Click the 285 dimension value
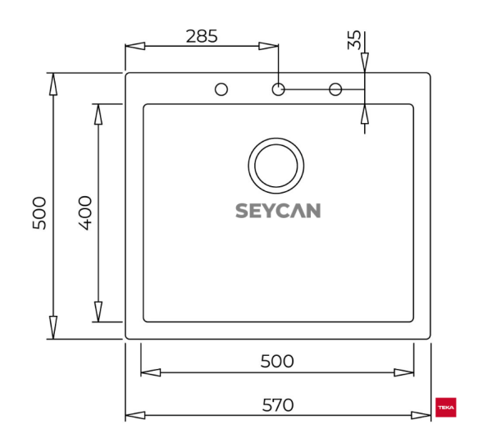pyautogui.click(x=201, y=35)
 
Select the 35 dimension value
pyautogui.click(x=354, y=42)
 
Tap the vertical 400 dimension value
pyautogui.click(x=84, y=212)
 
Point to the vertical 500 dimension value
pyautogui.click(x=39, y=212)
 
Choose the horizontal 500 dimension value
pyautogui.click(x=276, y=361)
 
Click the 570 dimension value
pyautogui.click(x=278, y=404)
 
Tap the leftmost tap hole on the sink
pyautogui.click(x=221, y=89)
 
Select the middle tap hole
pyautogui.click(x=278, y=89)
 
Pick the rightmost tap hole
pyautogui.click(x=335, y=89)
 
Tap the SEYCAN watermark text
pyautogui.click(x=278, y=211)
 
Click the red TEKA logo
pyautogui.click(x=447, y=408)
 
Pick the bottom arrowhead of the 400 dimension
pyautogui.click(x=98, y=312)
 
